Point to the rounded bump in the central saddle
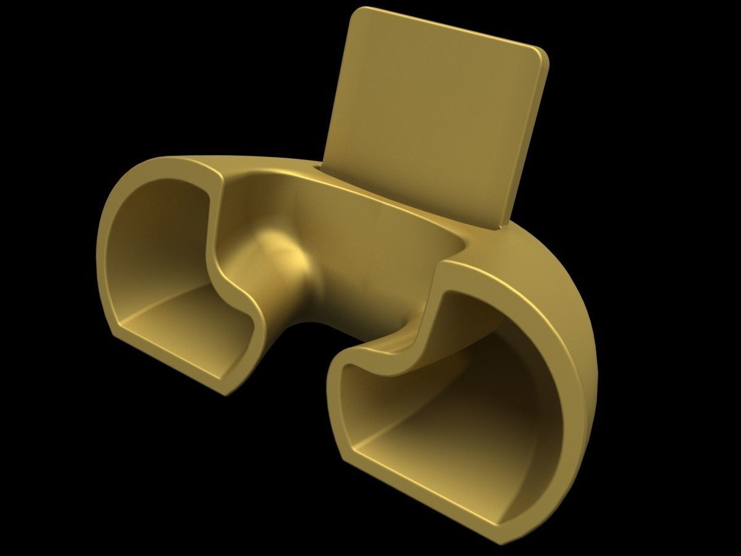284,247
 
